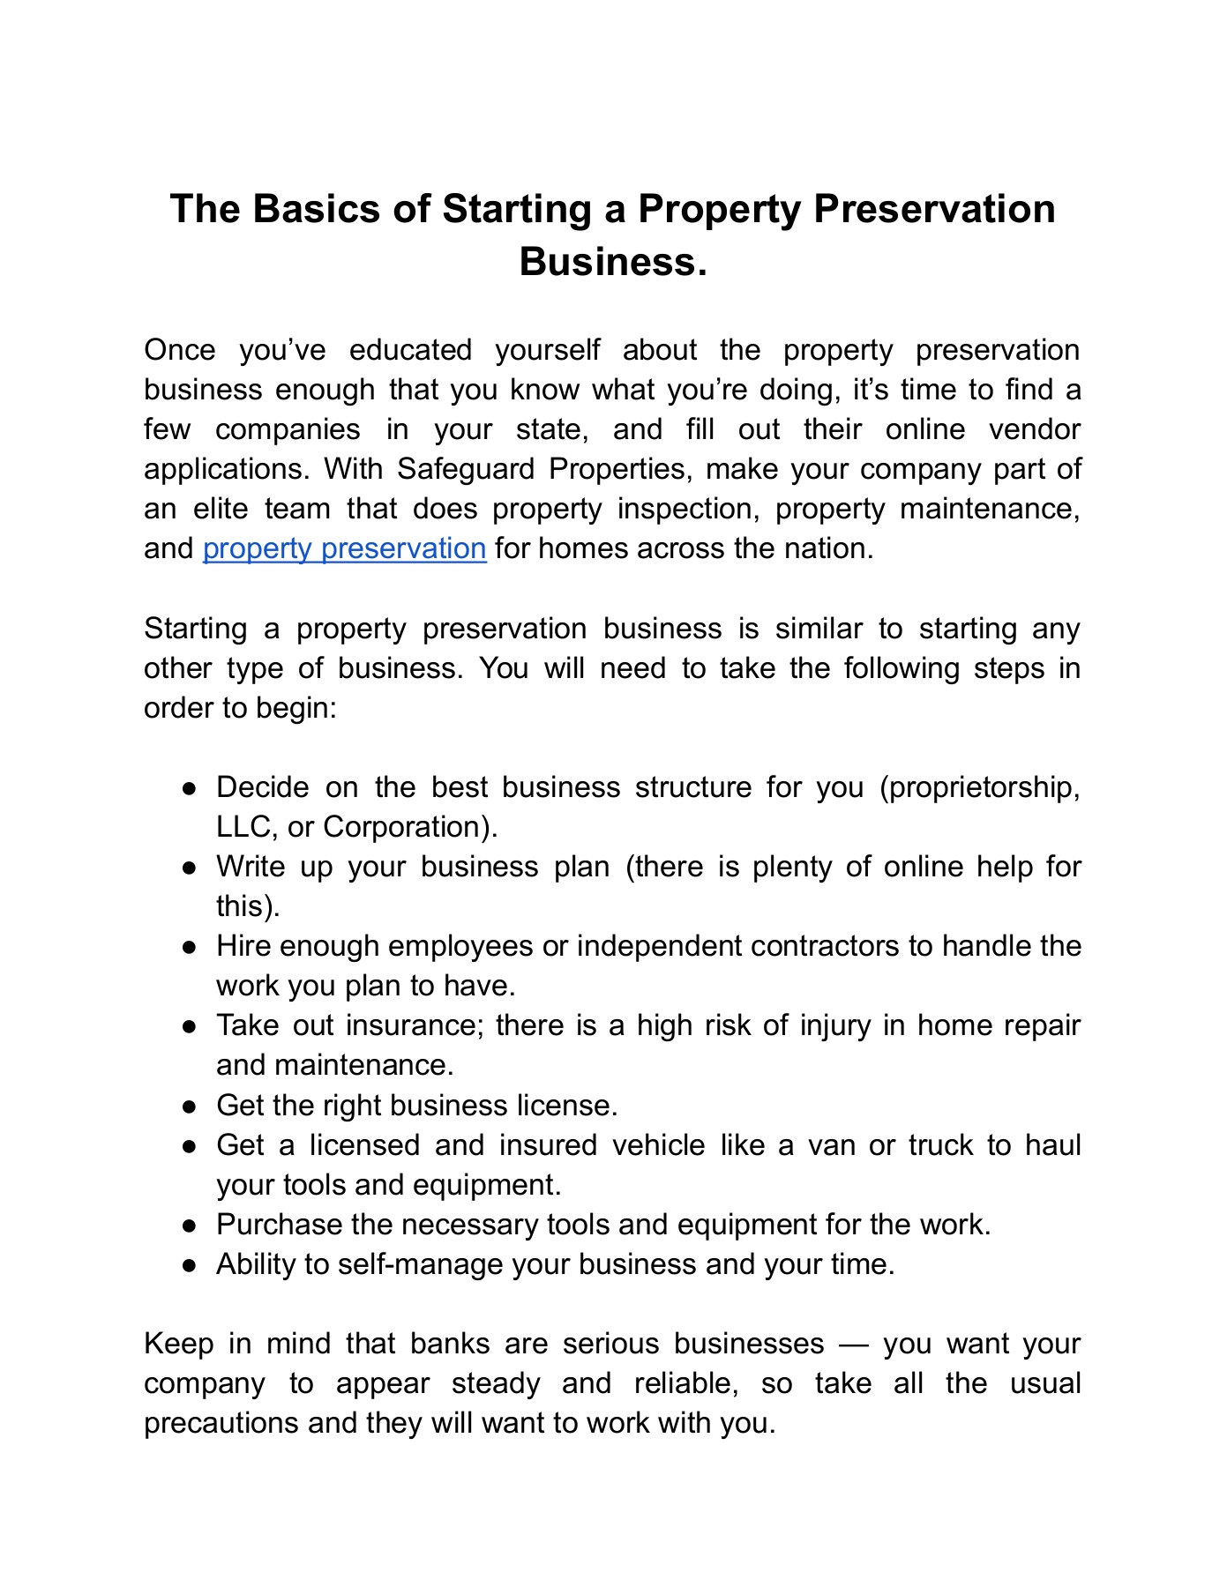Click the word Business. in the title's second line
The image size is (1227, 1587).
(613, 262)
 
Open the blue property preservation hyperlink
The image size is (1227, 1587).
(344, 548)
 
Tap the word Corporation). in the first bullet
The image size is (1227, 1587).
(410, 827)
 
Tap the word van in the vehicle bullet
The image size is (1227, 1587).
(831, 1145)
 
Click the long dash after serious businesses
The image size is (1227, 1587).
(854, 1345)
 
